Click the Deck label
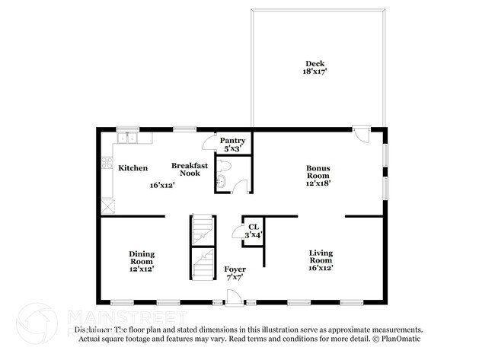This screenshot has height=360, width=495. pyautogui.click(x=315, y=63)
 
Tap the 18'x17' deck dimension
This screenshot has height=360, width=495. pyautogui.click(x=315, y=72)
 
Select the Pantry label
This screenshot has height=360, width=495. pyautogui.click(x=232, y=141)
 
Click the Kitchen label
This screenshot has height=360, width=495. pyautogui.click(x=133, y=167)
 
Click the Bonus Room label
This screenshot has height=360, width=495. pyautogui.click(x=318, y=171)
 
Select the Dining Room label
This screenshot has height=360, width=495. pyautogui.click(x=141, y=257)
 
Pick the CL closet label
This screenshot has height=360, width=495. pyautogui.click(x=252, y=226)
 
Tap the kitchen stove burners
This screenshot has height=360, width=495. pyautogui.click(x=107, y=164)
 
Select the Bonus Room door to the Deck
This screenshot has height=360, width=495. pyautogui.click(x=363, y=135)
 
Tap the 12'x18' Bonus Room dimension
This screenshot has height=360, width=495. pyautogui.click(x=318, y=183)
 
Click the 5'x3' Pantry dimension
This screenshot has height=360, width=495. pyautogui.click(x=232, y=149)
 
